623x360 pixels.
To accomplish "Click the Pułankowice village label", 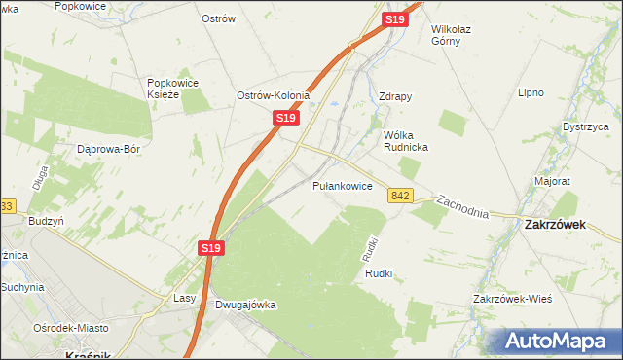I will pos(342,186).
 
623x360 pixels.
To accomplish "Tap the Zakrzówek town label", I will pos(554,223).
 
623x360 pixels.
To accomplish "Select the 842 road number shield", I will pos(400,196).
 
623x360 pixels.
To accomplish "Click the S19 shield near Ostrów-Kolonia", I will pos(284,117).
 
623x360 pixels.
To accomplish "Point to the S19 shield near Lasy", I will pos(213,249).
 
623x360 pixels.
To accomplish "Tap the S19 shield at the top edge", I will pos(394,19).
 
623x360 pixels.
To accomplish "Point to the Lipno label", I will pos(531,93).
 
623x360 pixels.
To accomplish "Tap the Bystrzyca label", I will pos(585,127).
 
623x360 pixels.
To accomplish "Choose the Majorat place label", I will pos(552,182).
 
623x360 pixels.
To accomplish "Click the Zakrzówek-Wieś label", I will pos(512,299).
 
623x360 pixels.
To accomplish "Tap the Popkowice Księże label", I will pos(173,89).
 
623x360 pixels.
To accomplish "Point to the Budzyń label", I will pos(46,221).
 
